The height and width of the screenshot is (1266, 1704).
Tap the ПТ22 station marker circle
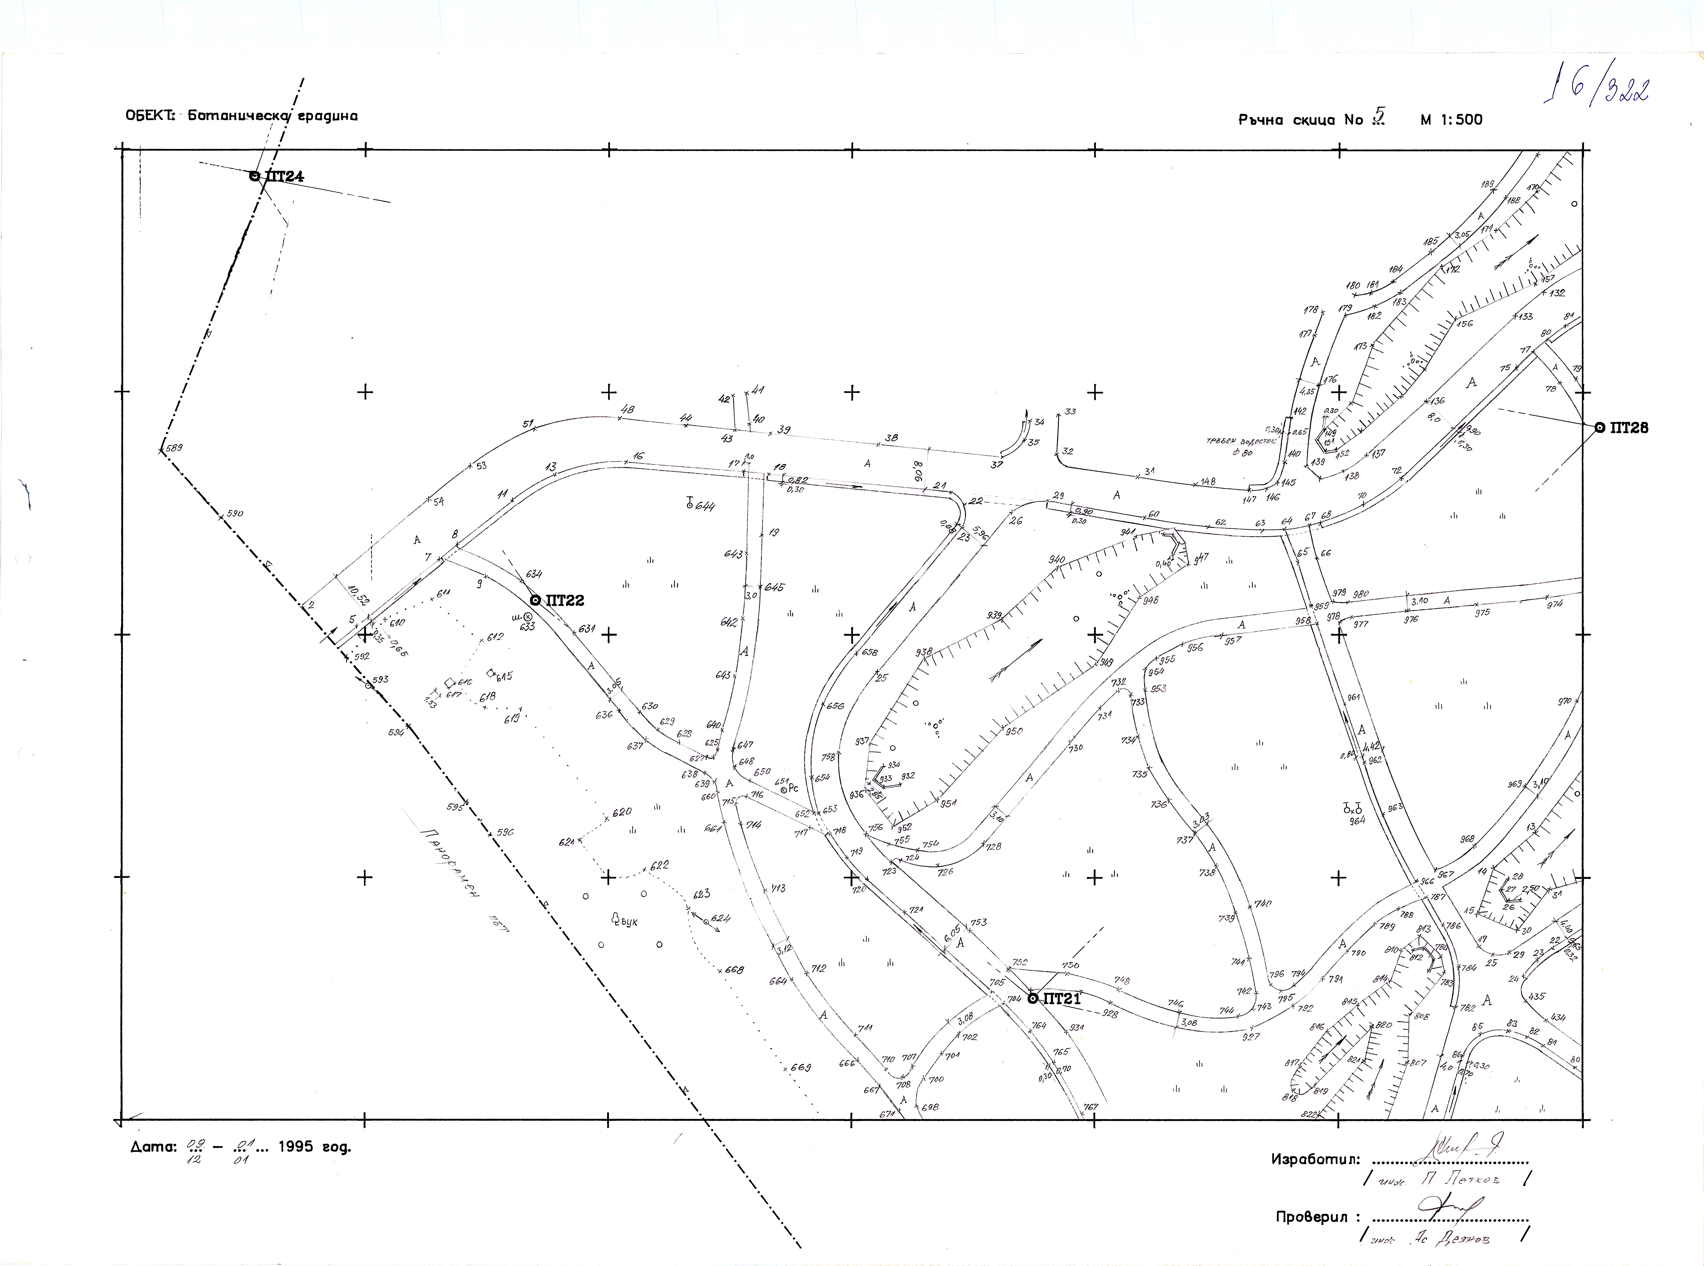pyautogui.click(x=535, y=600)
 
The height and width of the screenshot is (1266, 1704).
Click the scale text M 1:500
pyautogui.click(x=1451, y=120)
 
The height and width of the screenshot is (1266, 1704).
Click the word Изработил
pyautogui.click(x=1315, y=1159)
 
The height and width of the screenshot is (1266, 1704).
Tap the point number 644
pyautogui.click(x=705, y=506)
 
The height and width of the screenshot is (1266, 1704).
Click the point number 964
pyautogui.click(x=1358, y=821)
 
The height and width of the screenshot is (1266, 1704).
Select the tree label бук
pyautogui.click(x=629, y=923)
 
